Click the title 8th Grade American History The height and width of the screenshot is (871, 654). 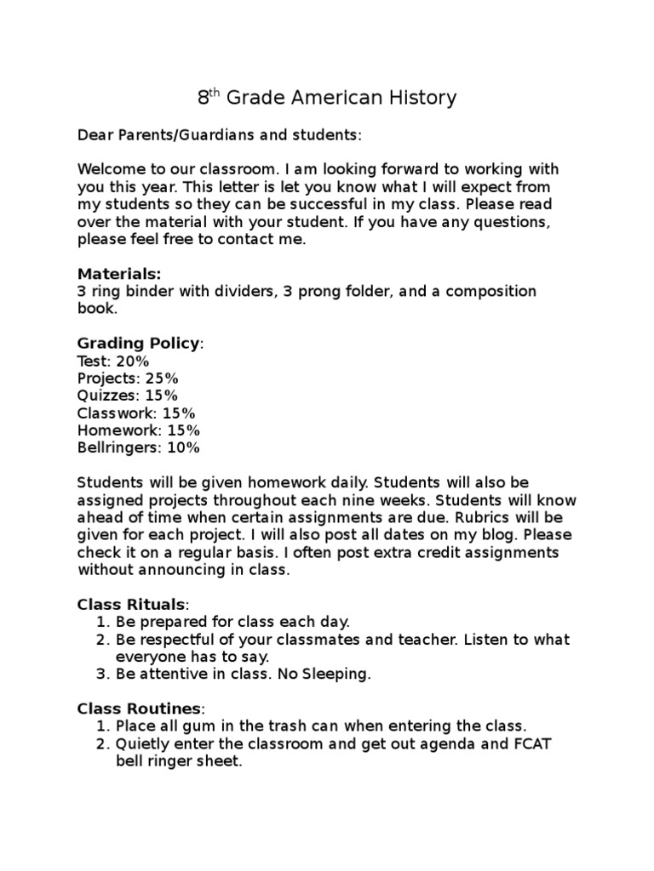pos(327,99)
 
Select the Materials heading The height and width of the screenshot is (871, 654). pos(118,274)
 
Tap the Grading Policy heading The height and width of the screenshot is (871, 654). pos(140,343)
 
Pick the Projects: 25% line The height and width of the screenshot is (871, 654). pos(128,379)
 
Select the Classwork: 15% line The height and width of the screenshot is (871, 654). pos(136,413)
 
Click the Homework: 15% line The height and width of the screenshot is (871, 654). pos(139,430)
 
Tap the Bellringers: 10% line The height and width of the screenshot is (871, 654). pos(139,447)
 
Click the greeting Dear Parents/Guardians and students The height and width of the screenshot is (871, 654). pos(219,135)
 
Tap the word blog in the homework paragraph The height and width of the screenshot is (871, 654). pos(482,535)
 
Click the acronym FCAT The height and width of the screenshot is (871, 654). pos(530,744)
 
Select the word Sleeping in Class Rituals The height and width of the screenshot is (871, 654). pos(340,675)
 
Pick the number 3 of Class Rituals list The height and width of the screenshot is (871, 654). pos(100,675)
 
